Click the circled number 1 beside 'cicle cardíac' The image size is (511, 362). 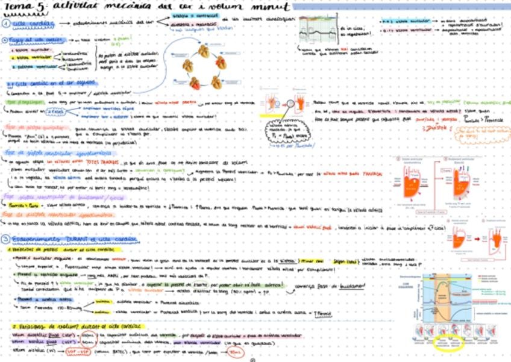[6, 24]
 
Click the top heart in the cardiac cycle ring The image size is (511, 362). [204, 52]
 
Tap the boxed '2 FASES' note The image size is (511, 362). [54, 111]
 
